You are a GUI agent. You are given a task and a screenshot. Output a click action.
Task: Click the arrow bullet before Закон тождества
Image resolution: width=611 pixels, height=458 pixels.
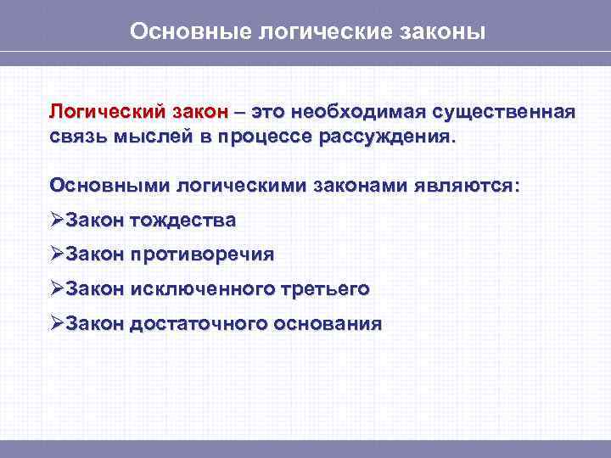57,221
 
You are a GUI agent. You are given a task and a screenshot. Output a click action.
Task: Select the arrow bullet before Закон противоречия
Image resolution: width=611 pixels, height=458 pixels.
57,254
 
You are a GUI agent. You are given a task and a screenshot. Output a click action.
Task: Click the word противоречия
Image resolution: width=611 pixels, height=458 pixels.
203,254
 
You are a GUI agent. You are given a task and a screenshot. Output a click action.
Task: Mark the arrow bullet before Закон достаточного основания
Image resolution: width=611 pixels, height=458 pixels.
57,323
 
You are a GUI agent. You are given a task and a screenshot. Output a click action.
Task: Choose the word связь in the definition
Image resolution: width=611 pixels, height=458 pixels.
76,137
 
